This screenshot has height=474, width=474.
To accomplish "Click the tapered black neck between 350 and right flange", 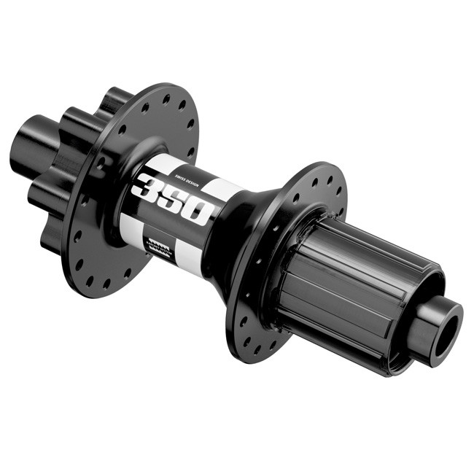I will click(x=237, y=233).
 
